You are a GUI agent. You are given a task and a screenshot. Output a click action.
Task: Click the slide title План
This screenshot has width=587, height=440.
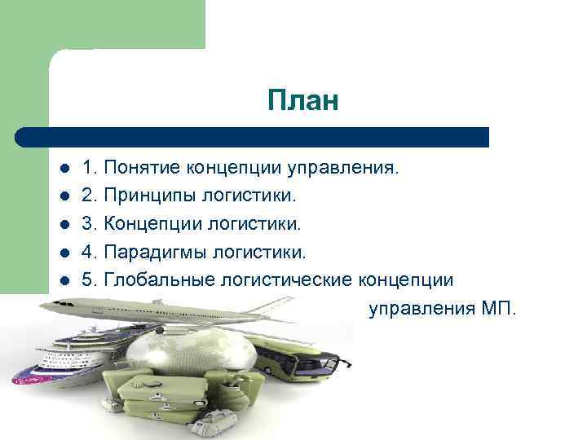click(x=302, y=102)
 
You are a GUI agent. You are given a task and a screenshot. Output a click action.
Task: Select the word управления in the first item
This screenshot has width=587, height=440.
click(x=342, y=169)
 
